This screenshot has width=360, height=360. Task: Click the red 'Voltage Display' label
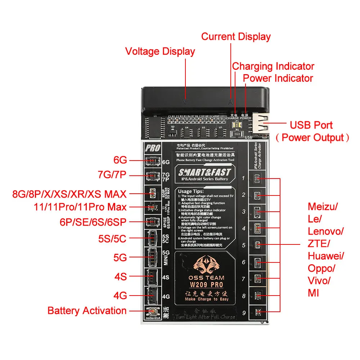(x=160, y=51)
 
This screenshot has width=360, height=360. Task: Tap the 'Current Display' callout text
(x=236, y=37)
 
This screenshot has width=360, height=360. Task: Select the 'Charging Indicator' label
(x=273, y=66)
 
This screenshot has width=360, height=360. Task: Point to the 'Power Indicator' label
(x=278, y=78)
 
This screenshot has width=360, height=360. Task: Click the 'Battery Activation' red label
(x=87, y=311)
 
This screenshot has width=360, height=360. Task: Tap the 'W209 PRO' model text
(x=204, y=285)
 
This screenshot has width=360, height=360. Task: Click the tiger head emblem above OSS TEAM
(x=204, y=266)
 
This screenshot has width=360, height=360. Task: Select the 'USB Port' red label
(x=311, y=125)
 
